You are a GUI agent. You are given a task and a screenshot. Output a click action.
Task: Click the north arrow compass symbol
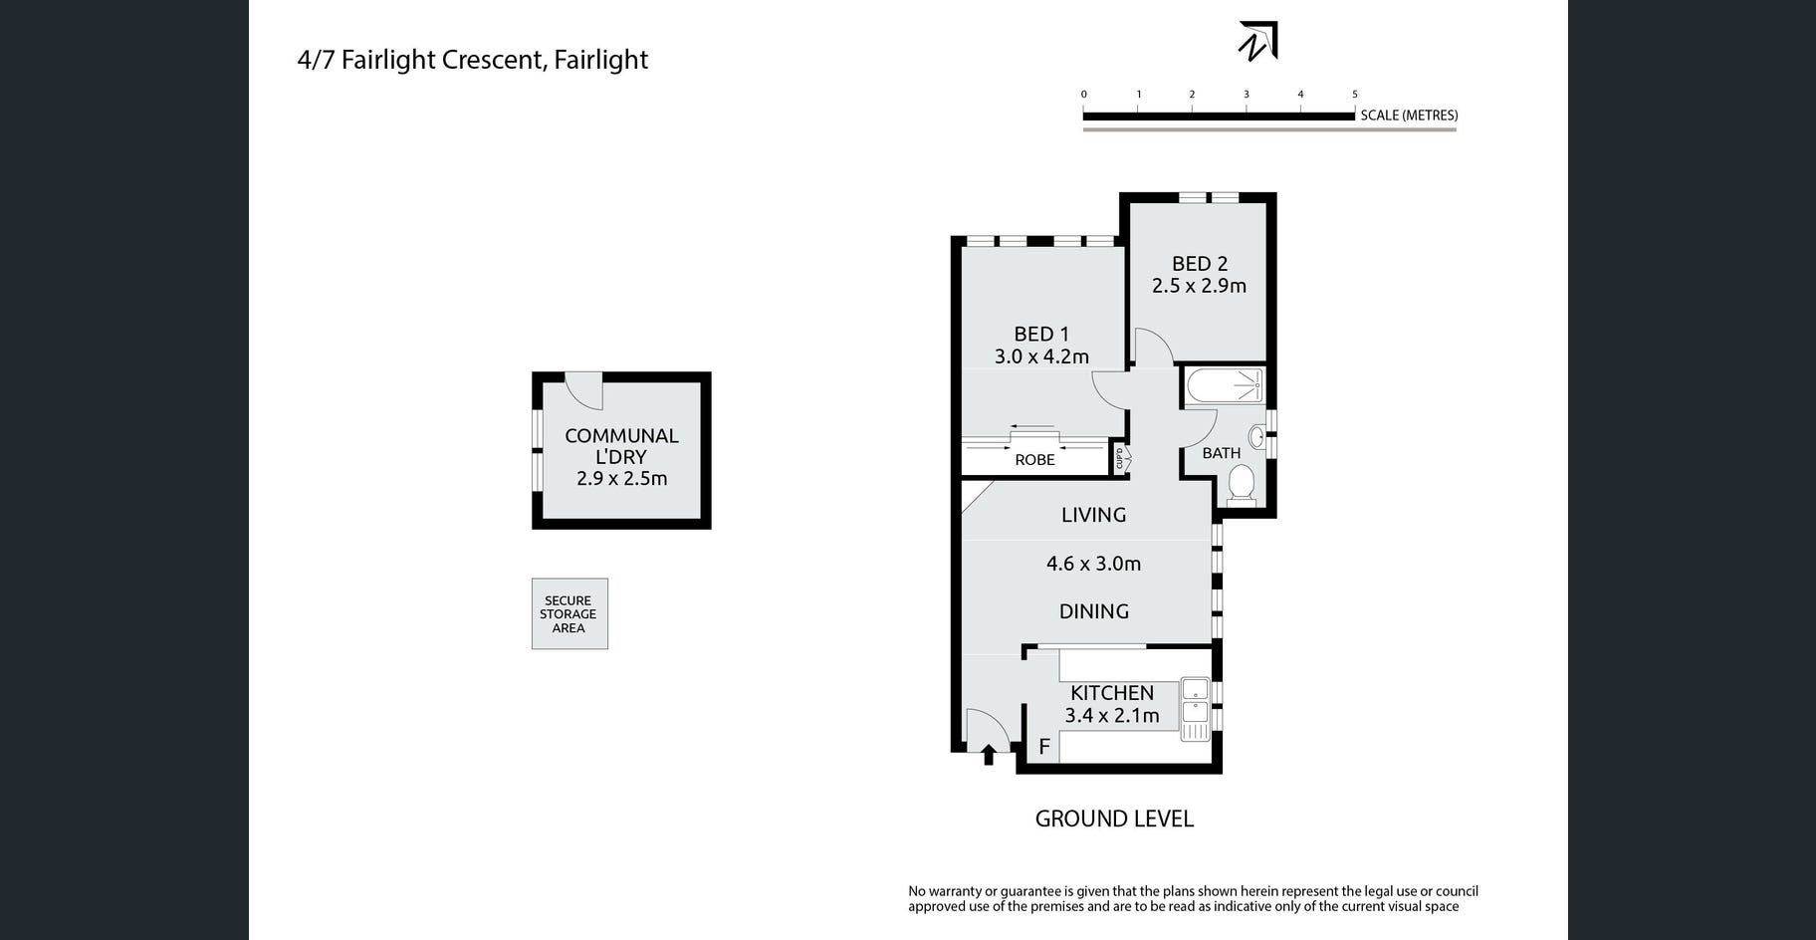[x=1257, y=42]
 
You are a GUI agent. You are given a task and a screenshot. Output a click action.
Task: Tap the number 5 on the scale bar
[x=1354, y=95]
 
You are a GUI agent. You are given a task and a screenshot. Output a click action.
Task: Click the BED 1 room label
[x=1041, y=335]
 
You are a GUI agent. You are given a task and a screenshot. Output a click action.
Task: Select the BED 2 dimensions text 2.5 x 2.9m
[x=1199, y=286]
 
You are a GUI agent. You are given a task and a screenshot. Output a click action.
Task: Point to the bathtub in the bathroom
[x=1224, y=385]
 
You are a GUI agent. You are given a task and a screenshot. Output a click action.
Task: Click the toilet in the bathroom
[x=1241, y=486]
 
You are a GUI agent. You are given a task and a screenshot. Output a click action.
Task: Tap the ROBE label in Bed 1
[x=1034, y=460]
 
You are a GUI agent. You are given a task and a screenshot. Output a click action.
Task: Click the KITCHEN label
[x=1112, y=693]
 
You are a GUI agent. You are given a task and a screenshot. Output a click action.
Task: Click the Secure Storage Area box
[x=569, y=614]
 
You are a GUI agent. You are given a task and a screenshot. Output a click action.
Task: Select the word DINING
[x=1094, y=611]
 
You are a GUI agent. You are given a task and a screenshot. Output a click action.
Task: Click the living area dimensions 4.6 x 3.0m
[x=1093, y=564]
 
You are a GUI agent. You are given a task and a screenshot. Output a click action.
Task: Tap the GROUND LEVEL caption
[x=1114, y=819]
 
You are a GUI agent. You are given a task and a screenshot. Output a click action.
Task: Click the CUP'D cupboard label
[x=1120, y=459]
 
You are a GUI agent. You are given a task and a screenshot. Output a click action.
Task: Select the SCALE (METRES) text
[x=1409, y=116]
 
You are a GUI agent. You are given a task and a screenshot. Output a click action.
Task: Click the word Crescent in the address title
[x=494, y=60]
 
